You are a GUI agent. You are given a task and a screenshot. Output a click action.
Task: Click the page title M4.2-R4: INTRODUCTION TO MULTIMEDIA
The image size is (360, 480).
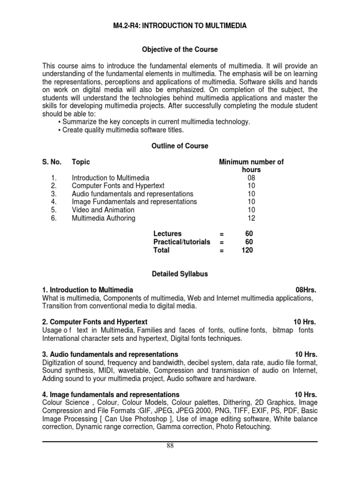pyautogui.click(x=180, y=26)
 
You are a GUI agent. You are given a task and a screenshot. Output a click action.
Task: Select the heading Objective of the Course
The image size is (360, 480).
pyautogui.click(x=180, y=49)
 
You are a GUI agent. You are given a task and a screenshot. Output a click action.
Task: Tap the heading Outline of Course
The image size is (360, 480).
pyautogui.click(x=180, y=146)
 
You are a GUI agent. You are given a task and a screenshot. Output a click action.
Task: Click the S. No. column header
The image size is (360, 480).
pyautogui.click(x=52, y=162)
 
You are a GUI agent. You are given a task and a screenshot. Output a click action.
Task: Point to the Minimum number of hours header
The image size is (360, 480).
pyautogui.click(x=251, y=165)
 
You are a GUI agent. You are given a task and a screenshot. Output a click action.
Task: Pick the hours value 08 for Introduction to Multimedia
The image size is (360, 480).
pyautogui.click(x=251, y=178)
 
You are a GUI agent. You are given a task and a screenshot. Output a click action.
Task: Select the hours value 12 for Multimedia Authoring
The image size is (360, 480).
pyautogui.click(x=251, y=218)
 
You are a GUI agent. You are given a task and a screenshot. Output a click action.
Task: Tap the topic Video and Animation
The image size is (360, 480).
pyautogui.click(x=103, y=210)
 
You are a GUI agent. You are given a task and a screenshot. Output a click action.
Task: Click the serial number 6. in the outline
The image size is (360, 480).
pyautogui.click(x=54, y=218)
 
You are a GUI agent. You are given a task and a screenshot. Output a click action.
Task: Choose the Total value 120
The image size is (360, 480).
pyautogui.click(x=247, y=250)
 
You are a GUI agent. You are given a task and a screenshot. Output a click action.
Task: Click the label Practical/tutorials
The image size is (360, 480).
pyautogui.click(x=182, y=242)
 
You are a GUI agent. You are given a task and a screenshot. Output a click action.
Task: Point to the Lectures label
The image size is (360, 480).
pyautogui.click(x=167, y=233)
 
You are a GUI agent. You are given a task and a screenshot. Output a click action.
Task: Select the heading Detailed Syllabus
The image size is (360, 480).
pyautogui.click(x=180, y=273)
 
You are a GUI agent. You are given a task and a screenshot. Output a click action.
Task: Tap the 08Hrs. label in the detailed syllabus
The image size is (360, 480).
pyautogui.click(x=306, y=290)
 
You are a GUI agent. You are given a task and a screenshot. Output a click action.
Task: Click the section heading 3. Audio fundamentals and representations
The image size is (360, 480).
pyautogui.click(x=110, y=354)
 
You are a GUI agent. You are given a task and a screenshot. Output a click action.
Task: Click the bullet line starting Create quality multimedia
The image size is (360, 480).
pyautogui.click(x=123, y=130)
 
